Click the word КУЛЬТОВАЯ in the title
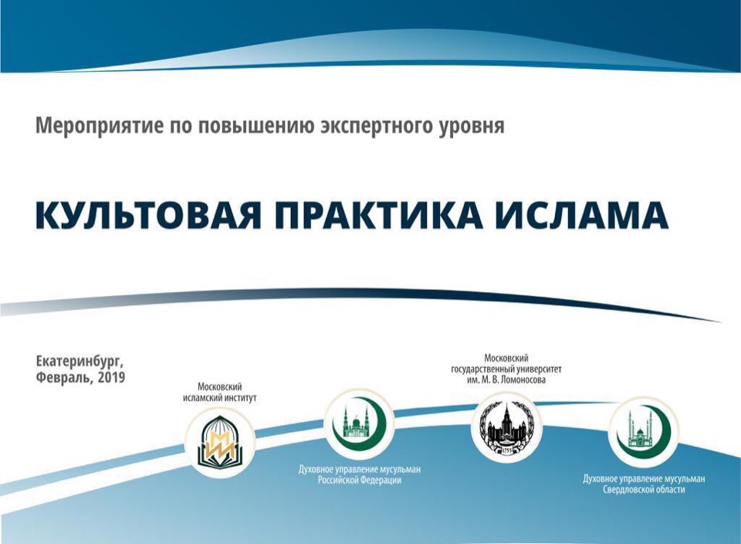click(x=148, y=216)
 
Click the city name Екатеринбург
click(x=80, y=362)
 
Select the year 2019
click(x=112, y=378)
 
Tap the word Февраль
click(x=64, y=378)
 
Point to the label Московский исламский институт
click(x=220, y=393)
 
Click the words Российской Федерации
click(x=359, y=480)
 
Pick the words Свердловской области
click(x=644, y=489)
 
